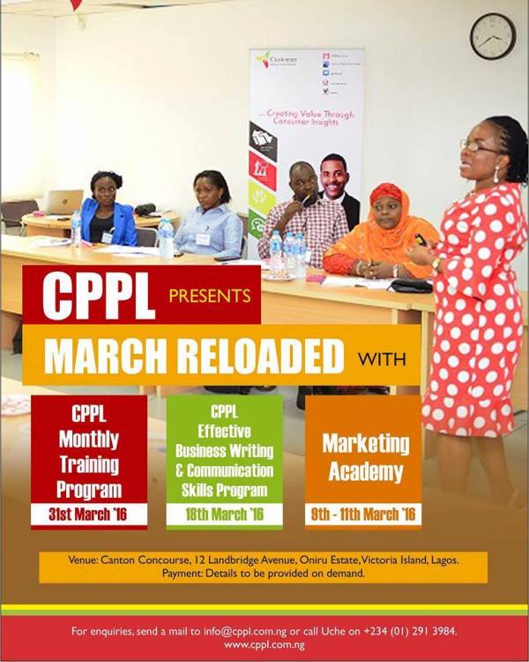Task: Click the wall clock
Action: [x=492, y=36]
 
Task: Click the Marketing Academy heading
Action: [x=363, y=456]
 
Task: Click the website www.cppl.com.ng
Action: [x=264, y=645]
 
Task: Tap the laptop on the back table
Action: [x=63, y=202]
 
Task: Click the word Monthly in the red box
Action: [x=88, y=439]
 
